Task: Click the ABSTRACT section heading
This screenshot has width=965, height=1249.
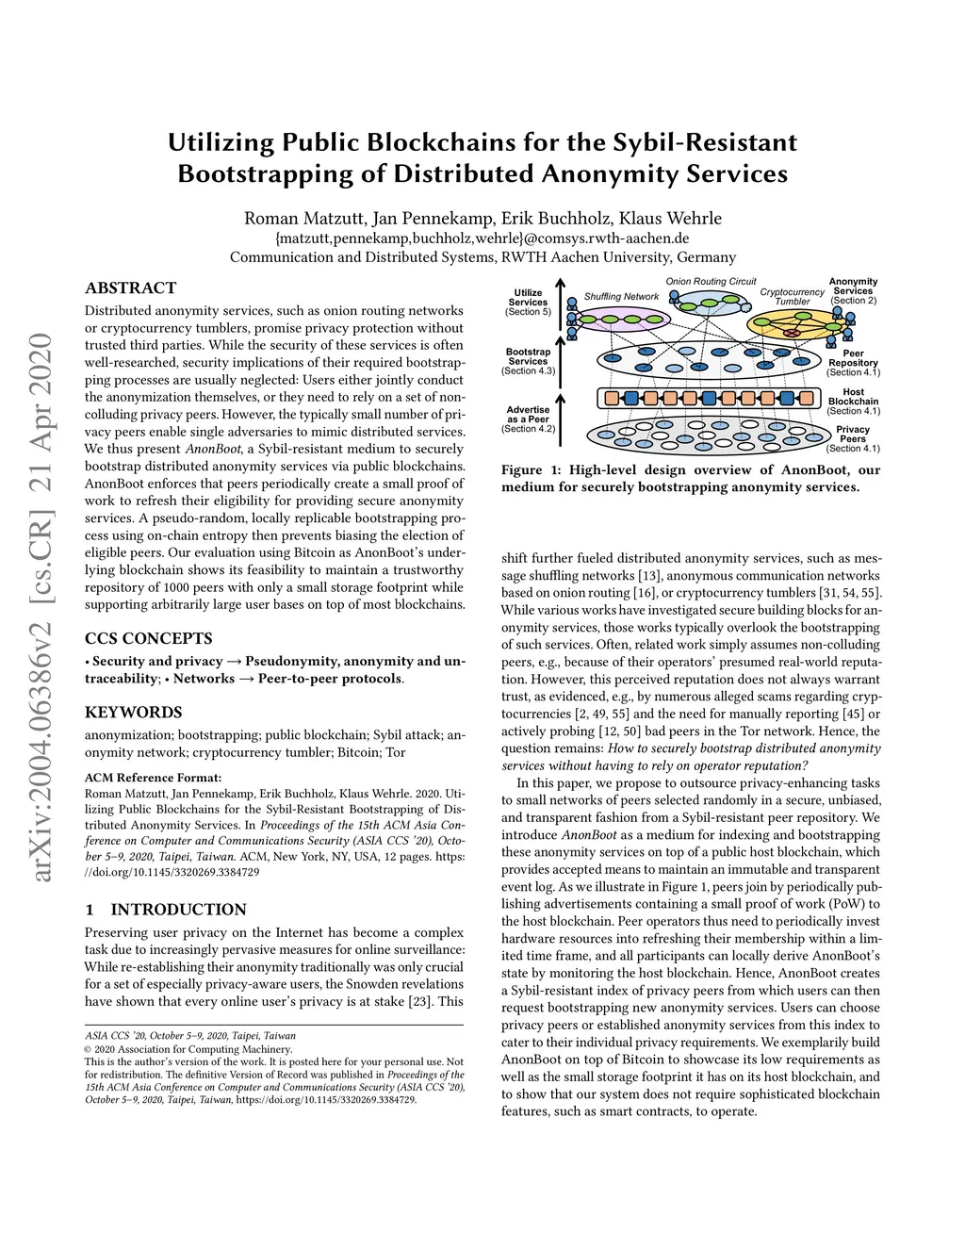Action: pos(130,288)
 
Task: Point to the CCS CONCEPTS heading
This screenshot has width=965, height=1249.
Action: pos(148,638)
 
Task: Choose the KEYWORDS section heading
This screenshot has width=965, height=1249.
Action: pos(133,712)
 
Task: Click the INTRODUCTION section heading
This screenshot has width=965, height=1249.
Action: pos(178,910)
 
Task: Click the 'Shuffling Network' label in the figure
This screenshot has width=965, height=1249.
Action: pos(621,297)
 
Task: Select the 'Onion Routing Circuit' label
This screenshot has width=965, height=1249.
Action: pos(711,282)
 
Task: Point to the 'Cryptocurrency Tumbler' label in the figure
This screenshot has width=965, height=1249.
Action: pos(792,297)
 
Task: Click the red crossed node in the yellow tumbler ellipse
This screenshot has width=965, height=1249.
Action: pos(793,333)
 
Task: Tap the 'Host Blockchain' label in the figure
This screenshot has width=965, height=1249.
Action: pos(853,397)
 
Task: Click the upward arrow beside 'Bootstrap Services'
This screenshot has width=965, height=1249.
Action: pos(560,362)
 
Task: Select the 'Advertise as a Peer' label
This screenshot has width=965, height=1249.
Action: pos(528,415)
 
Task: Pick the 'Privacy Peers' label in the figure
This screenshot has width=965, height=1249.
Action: pos(853,435)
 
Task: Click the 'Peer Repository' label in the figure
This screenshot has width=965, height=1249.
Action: pos(853,358)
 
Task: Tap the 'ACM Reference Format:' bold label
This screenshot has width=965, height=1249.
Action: pos(153,778)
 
